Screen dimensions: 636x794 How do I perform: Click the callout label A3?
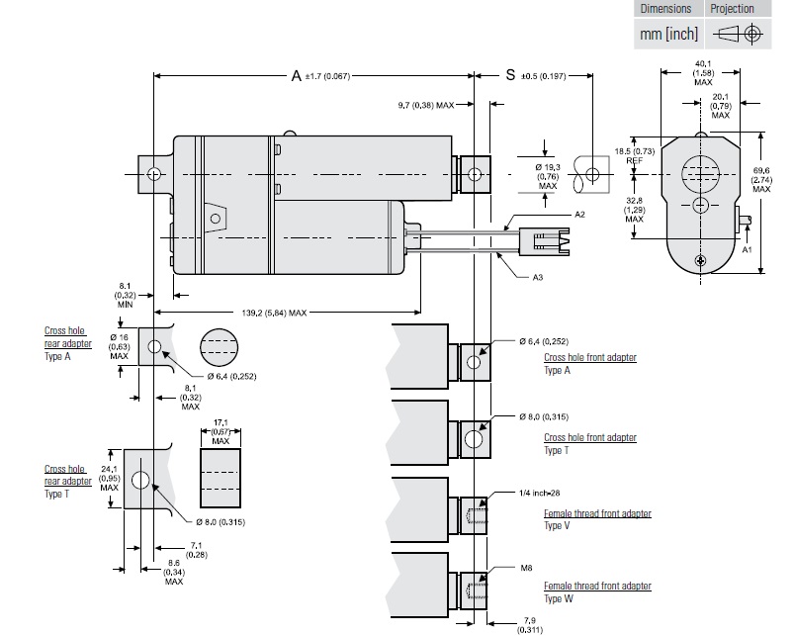537,278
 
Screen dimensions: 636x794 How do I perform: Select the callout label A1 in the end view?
749,251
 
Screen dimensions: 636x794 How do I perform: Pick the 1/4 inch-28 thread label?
539,493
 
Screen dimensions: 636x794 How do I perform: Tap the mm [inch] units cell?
668,34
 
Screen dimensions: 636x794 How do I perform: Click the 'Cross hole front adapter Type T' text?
589,443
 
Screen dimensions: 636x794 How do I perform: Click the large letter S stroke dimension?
510,75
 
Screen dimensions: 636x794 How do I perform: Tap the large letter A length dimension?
296,75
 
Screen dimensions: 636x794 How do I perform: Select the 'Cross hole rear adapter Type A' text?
67,342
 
